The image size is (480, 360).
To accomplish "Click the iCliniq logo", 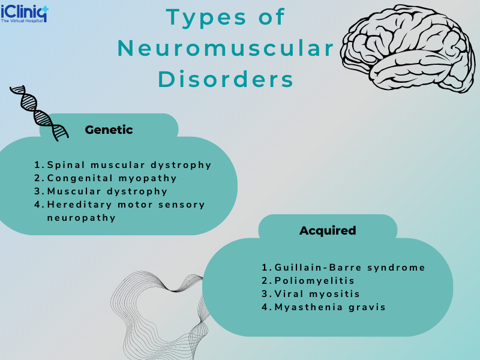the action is coord(25,11).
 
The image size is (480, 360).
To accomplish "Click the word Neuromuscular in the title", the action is coord(226,49).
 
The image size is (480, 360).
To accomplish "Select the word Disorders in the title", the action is coord(226,80).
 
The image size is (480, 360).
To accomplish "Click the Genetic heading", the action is coord(109,130).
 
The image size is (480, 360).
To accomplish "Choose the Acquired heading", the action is coord(328,230).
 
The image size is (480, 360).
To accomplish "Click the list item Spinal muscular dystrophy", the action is coord(129,165).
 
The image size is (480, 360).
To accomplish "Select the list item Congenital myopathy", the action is coord(112,178).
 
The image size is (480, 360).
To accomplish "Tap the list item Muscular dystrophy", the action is coord(107,191).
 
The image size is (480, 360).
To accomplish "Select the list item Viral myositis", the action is coord(317,294).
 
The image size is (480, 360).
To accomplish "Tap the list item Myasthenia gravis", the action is coord(329,307).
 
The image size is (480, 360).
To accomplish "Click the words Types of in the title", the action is coord(226,17).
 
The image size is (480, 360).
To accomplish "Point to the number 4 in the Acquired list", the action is coord(265,307).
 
